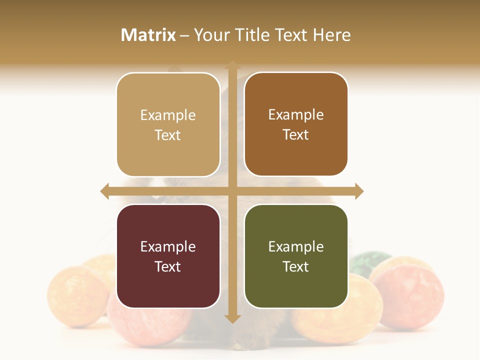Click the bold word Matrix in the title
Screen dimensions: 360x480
coord(148,35)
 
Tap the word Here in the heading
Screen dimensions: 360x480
coord(331,35)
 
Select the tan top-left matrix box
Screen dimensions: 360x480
coord(168,124)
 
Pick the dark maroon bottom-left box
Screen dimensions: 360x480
coord(168,256)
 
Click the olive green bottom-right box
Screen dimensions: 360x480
coord(296,256)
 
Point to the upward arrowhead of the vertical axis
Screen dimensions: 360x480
coord(232,65)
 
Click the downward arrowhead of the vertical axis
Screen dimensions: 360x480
coord(232,318)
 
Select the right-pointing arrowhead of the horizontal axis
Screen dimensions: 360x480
coord(359,191)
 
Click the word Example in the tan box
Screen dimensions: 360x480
coord(168,115)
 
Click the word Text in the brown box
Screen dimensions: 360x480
coord(296,135)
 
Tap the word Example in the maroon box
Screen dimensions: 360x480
coord(168,246)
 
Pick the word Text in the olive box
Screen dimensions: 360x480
coord(296,266)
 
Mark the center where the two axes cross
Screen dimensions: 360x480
coord(232,191)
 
